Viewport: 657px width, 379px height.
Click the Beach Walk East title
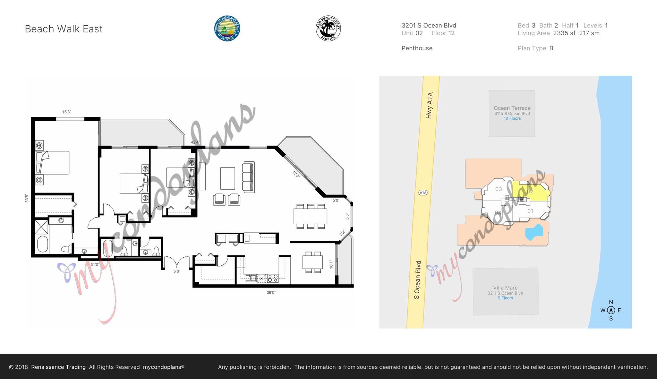pos(64,29)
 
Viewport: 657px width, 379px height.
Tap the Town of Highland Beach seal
pos(227,29)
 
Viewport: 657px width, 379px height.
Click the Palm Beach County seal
pos(328,29)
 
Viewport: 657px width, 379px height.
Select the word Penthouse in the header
pos(417,48)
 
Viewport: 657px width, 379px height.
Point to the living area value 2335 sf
pos(564,33)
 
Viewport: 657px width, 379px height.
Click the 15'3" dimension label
pos(66,112)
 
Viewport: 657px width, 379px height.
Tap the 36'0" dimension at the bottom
pos(271,292)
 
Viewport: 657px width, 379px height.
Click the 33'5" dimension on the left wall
pos(27,198)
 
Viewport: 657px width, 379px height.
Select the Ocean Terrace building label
pos(512,108)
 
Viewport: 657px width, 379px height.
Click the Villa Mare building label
pos(505,288)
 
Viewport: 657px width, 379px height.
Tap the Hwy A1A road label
pos(430,105)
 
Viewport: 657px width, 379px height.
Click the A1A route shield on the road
pos(423,193)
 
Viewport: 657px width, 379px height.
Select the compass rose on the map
pos(611,310)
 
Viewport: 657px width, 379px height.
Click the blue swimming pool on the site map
pos(534,232)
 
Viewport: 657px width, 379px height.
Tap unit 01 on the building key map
pos(530,211)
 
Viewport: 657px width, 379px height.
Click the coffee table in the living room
pos(227,178)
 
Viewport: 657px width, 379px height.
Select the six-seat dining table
pos(310,216)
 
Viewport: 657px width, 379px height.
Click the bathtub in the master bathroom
pos(42,244)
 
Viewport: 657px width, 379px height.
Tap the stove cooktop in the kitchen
pos(273,278)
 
